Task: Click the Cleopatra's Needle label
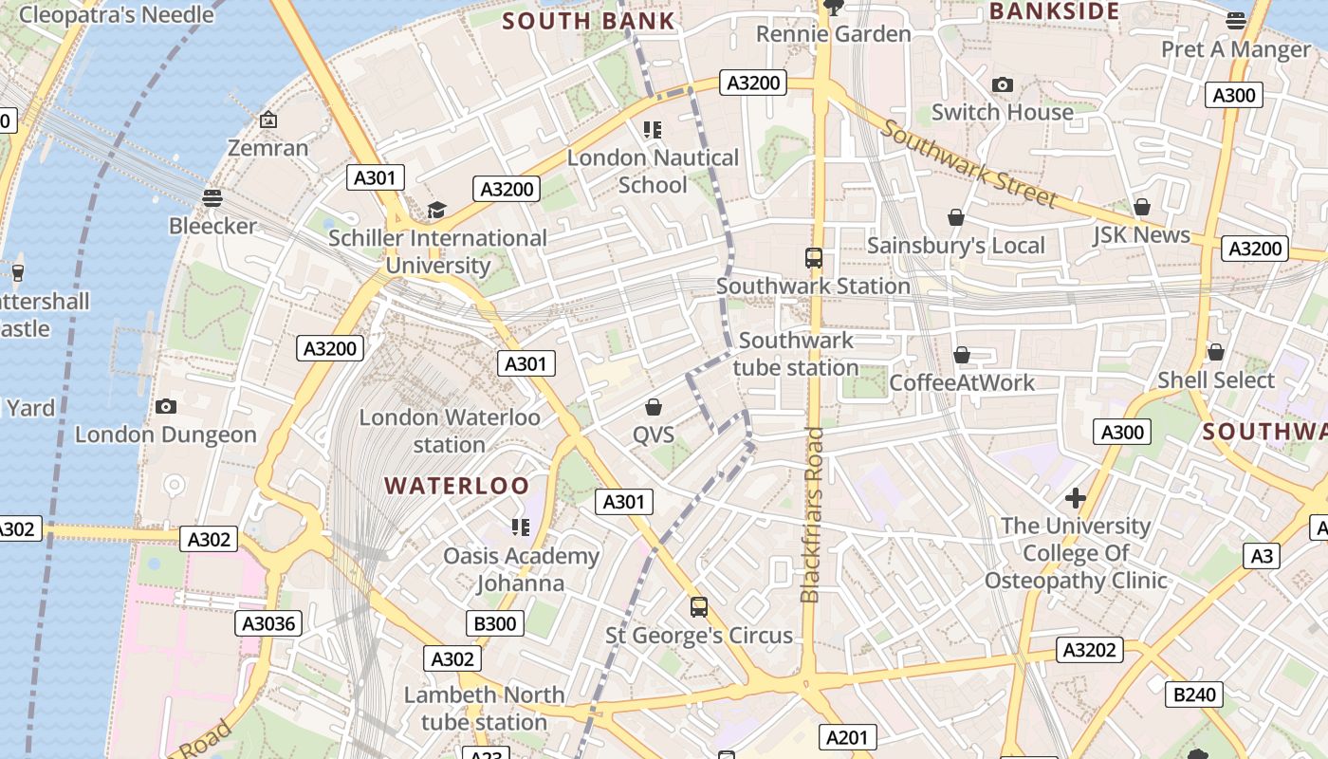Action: tap(116, 14)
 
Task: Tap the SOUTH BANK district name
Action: tap(588, 21)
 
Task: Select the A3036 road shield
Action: tap(268, 623)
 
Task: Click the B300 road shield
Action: tap(495, 623)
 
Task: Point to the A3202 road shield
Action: tap(1091, 650)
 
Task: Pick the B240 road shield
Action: tap(1194, 694)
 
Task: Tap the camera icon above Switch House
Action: tap(1003, 85)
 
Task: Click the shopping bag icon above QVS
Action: tap(654, 408)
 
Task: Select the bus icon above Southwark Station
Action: tap(813, 258)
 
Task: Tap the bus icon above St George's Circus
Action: tap(699, 607)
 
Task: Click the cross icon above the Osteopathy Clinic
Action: tap(1076, 497)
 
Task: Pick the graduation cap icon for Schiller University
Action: tap(436, 211)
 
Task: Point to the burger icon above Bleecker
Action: tap(212, 198)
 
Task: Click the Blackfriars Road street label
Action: tap(812, 515)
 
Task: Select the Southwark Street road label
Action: tap(968, 163)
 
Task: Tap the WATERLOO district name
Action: tap(456, 486)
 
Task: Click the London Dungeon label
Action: tap(166, 435)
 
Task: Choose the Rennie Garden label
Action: tap(834, 34)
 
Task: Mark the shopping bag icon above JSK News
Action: tap(1142, 207)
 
